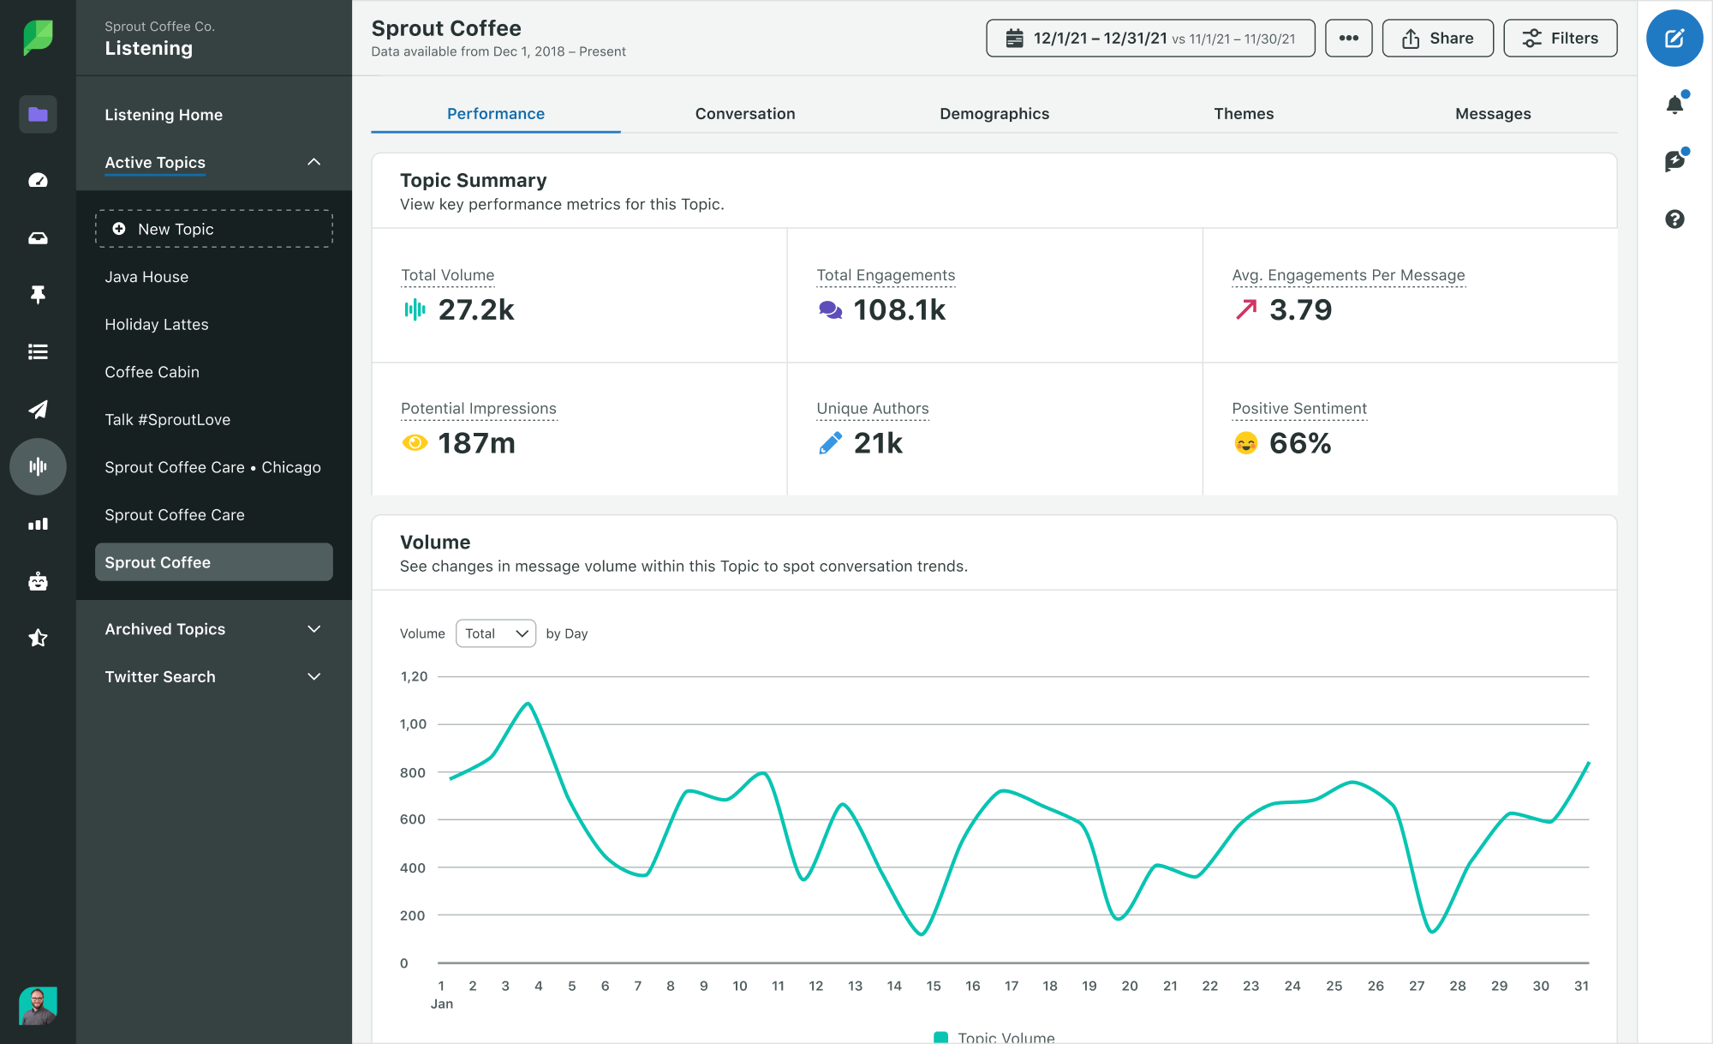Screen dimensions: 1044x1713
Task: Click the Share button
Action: [1437, 39]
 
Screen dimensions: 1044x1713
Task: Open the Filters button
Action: [1560, 39]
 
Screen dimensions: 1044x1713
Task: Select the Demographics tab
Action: [994, 114]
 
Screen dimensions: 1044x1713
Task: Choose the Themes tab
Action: [1243, 114]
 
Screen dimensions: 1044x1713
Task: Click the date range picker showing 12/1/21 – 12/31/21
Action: [1149, 39]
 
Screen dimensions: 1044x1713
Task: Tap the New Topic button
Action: [213, 229]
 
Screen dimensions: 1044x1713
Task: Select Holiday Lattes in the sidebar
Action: [157, 325]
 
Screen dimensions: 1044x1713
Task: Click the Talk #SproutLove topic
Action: [167, 420]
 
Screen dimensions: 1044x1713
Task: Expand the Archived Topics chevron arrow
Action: [314, 629]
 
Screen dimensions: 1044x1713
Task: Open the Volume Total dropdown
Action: [495, 633]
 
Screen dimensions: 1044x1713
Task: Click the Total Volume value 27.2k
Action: [475, 310]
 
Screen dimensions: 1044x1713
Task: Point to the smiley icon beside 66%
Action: [1245, 443]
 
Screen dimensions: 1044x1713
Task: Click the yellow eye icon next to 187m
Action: [415, 443]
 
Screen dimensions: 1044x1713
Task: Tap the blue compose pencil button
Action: [1674, 39]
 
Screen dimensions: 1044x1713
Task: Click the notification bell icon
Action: [1674, 105]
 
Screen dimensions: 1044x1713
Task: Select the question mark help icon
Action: [1674, 219]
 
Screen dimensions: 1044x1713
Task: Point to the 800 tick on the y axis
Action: [413, 772]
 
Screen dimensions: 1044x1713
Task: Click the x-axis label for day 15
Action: [933, 986]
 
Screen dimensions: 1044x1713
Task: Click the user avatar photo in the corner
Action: [38, 1005]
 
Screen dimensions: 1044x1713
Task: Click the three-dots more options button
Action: [1348, 39]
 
